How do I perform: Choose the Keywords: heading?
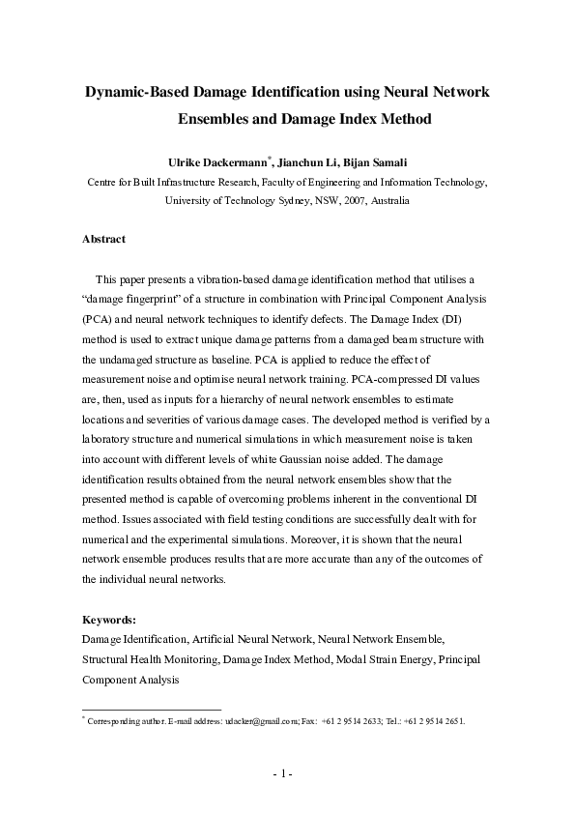[x=109, y=620]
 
